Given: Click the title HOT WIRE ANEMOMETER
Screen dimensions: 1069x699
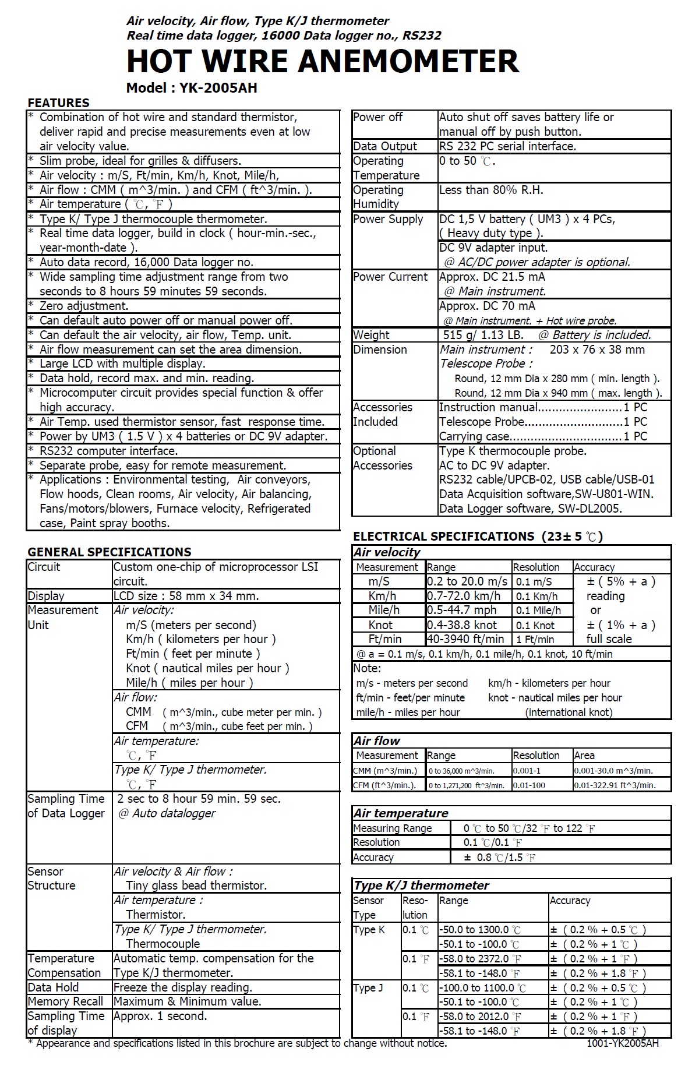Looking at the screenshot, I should (322, 61).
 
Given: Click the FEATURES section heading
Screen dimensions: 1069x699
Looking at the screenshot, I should (58, 103).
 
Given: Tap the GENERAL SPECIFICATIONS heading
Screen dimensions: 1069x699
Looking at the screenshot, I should (110, 552).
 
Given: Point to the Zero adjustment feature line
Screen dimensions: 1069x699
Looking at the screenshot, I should (84, 306).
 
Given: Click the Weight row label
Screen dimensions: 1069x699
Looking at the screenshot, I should (371, 335).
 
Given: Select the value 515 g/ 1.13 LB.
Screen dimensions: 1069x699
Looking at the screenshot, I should (483, 335).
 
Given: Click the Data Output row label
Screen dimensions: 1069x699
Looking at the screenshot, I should (385, 146).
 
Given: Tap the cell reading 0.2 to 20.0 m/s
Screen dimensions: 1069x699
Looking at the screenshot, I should (467, 581).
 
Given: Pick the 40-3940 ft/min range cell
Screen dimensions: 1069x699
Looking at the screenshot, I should (465, 639).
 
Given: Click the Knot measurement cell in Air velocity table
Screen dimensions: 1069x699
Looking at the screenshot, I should (380, 625).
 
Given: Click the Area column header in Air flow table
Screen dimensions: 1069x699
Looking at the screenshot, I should (584, 756).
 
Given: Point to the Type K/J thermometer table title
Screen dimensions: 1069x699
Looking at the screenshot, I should (421, 885).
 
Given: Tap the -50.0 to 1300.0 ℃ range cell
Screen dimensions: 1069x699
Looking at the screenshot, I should (480, 930).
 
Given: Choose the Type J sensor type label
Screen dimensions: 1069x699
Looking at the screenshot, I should (368, 988).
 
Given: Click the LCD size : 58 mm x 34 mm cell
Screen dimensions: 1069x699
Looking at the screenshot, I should (186, 596).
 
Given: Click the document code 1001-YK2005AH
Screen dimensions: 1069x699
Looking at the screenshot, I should (623, 1043).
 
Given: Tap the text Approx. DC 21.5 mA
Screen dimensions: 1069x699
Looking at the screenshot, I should (492, 277).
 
